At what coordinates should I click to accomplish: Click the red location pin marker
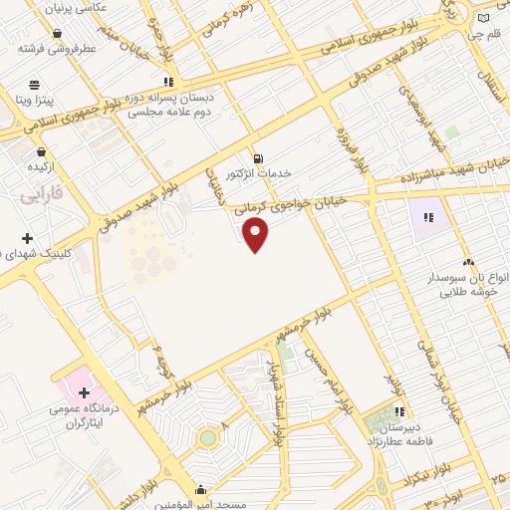[x=256, y=235]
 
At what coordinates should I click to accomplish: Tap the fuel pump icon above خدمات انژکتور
[x=259, y=157]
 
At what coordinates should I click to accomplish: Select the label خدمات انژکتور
[x=260, y=173]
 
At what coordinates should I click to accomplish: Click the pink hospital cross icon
[x=84, y=393]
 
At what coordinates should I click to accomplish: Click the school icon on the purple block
[x=431, y=216]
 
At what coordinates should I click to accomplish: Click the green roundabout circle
[x=207, y=438]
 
